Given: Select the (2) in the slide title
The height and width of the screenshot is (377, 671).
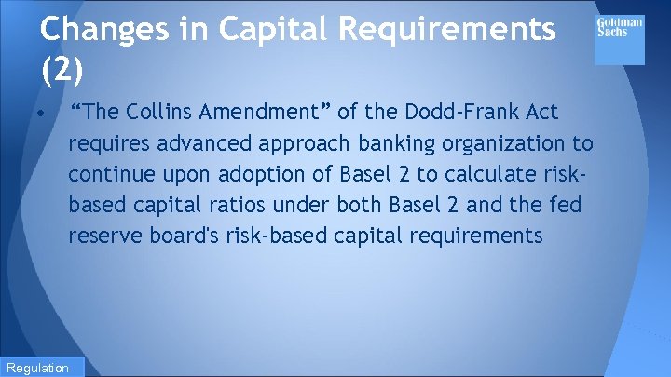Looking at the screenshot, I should (x=62, y=69).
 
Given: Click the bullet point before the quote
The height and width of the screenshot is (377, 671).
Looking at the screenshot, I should (x=43, y=114).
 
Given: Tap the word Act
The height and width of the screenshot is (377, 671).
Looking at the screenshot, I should (x=540, y=113).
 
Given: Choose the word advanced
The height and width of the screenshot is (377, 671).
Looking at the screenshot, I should (x=201, y=143).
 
